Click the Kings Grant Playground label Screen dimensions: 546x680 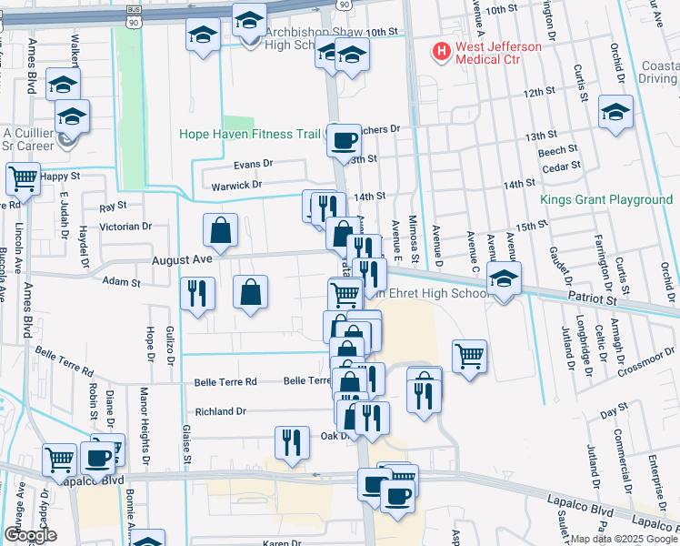(605, 200)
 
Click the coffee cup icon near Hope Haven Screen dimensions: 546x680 (344, 140)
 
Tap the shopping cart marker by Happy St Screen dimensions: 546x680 (24, 178)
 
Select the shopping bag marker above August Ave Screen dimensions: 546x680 (220, 231)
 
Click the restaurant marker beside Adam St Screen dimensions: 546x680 (197, 294)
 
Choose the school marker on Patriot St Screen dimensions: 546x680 (503, 279)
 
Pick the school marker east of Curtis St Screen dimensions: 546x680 (615, 113)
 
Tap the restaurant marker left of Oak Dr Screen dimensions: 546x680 (292, 442)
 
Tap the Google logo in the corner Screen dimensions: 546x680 (30, 535)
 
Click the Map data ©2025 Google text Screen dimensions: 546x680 (623, 539)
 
